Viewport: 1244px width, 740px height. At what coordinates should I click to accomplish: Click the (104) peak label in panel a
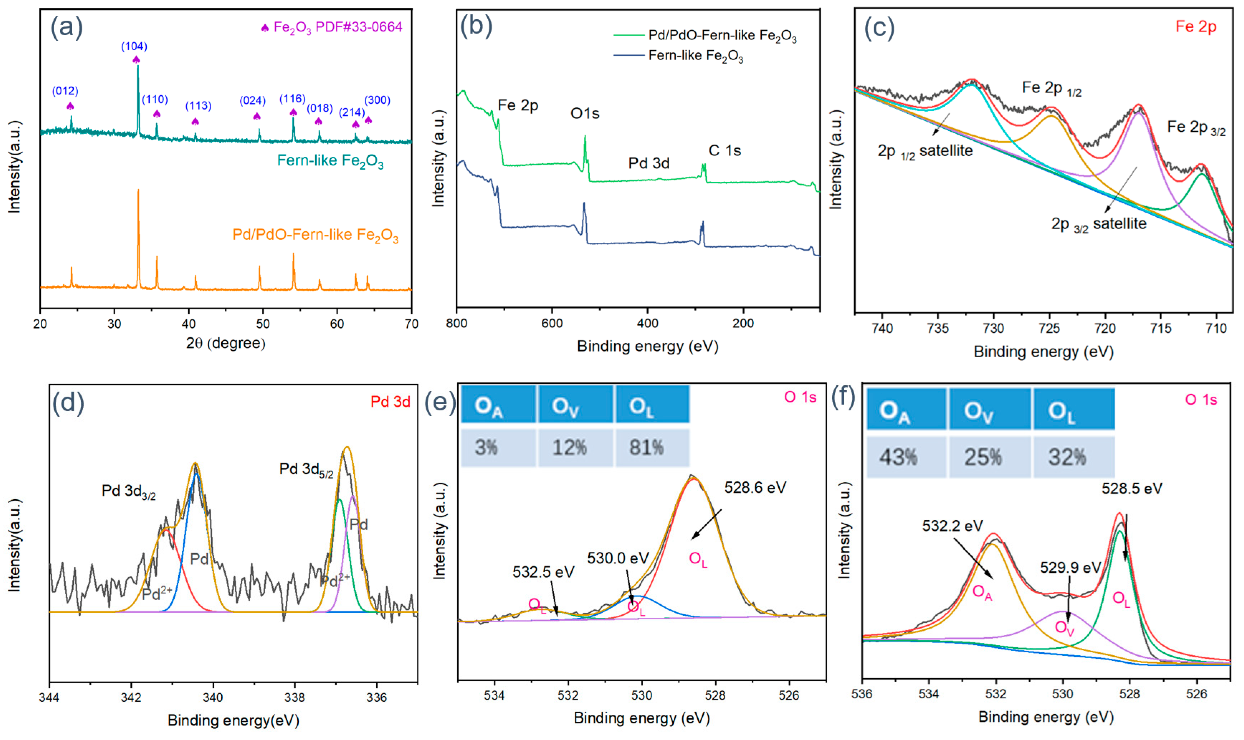click(x=134, y=46)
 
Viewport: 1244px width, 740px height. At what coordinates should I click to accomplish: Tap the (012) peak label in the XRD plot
click(x=65, y=91)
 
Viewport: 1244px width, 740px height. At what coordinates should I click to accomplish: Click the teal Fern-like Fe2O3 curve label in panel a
click(x=330, y=161)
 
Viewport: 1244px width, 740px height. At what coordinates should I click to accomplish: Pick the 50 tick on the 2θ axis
click(x=263, y=323)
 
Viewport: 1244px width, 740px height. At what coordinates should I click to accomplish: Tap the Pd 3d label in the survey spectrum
click(x=649, y=163)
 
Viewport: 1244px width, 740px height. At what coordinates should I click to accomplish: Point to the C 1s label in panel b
click(x=725, y=151)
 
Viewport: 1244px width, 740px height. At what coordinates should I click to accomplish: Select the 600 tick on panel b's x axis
click(x=552, y=323)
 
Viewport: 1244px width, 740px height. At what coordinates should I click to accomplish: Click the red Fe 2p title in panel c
click(x=1196, y=27)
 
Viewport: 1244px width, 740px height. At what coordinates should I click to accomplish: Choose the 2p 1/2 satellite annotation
click(x=925, y=151)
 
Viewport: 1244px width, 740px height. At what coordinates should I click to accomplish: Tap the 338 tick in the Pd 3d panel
click(x=295, y=697)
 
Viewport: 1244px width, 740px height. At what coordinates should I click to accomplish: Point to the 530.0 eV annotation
click(x=618, y=558)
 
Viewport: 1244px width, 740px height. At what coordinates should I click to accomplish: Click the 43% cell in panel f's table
click(x=898, y=457)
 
